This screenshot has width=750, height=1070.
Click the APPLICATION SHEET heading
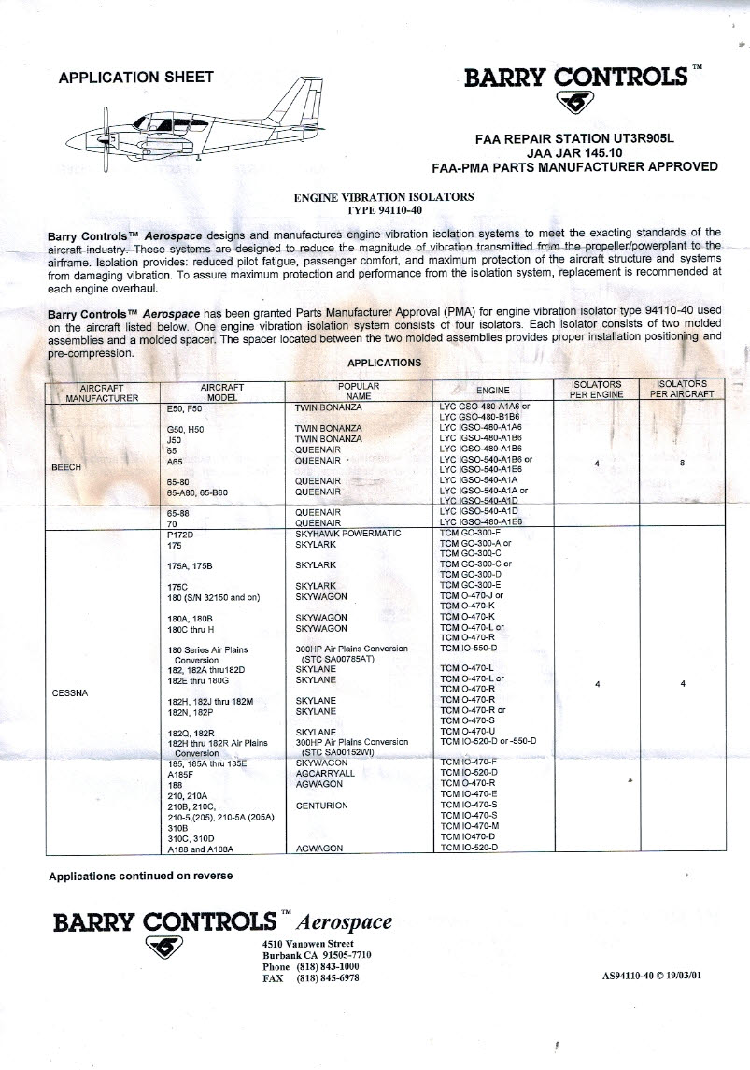click(135, 78)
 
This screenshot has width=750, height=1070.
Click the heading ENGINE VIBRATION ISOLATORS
click(384, 197)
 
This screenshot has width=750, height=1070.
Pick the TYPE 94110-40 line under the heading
click(384, 209)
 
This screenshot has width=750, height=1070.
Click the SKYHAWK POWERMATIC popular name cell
click(347, 533)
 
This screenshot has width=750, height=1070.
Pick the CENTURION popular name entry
click(321, 806)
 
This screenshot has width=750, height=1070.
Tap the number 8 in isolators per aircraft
click(684, 461)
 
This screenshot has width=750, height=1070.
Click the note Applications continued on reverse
click(140, 876)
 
